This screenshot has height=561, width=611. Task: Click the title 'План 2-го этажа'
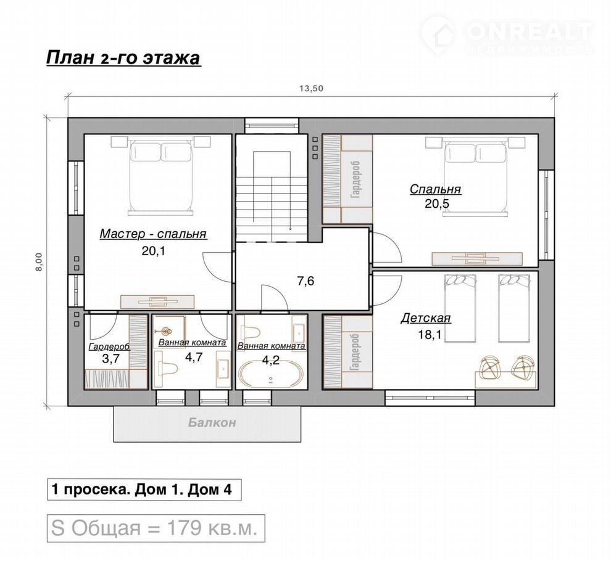point(123,58)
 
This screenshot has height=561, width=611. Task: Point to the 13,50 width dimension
point(311,88)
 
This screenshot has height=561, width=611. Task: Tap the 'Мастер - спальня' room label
point(153,234)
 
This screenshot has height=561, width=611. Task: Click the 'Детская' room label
point(426,318)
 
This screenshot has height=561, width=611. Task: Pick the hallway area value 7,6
point(305,280)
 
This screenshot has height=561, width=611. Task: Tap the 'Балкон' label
point(212,422)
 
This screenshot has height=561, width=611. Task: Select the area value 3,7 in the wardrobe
point(110,359)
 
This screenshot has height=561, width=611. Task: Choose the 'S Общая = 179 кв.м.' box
point(156,528)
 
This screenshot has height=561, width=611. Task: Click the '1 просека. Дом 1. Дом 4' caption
point(144,489)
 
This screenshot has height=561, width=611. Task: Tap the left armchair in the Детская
point(491,366)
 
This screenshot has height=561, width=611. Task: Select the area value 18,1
point(430,334)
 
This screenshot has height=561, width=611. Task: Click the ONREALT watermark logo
point(508,35)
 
